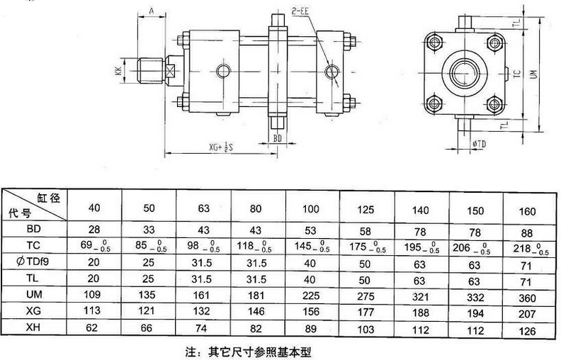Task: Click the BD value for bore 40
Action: click(93, 230)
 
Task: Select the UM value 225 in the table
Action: click(311, 294)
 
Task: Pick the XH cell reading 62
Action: click(93, 328)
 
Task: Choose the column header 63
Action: click(203, 208)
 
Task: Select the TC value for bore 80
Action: click(257, 247)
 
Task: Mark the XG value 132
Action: click(203, 311)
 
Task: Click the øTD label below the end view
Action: click(479, 145)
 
